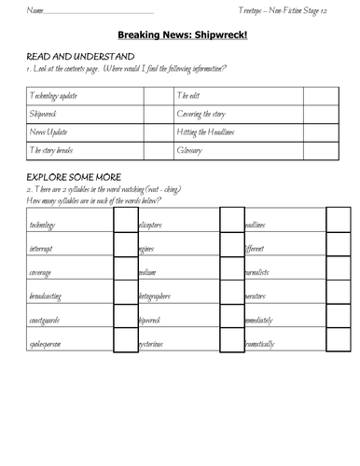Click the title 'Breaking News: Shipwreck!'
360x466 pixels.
180,38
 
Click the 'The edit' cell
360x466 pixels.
188,96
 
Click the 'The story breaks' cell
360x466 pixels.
53,149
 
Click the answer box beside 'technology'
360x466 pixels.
125,225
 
